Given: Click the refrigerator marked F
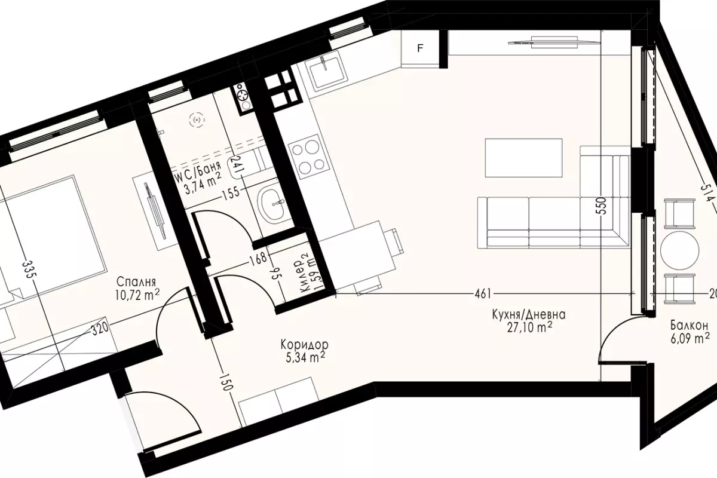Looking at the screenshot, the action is (x=420, y=48).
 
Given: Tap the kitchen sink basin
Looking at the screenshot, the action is (x=326, y=72).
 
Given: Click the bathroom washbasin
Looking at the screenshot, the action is (x=273, y=204).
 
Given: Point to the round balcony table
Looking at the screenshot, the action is (x=678, y=249).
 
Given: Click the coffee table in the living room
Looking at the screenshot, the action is (x=523, y=158).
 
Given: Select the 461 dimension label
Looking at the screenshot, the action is (x=482, y=293).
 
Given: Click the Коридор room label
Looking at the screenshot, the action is (x=304, y=345).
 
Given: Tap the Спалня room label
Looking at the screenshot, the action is (x=136, y=282).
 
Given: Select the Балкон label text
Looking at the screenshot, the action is (x=689, y=326).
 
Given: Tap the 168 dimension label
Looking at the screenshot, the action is (x=258, y=258).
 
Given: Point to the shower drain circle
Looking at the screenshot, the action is (x=197, y=120).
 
